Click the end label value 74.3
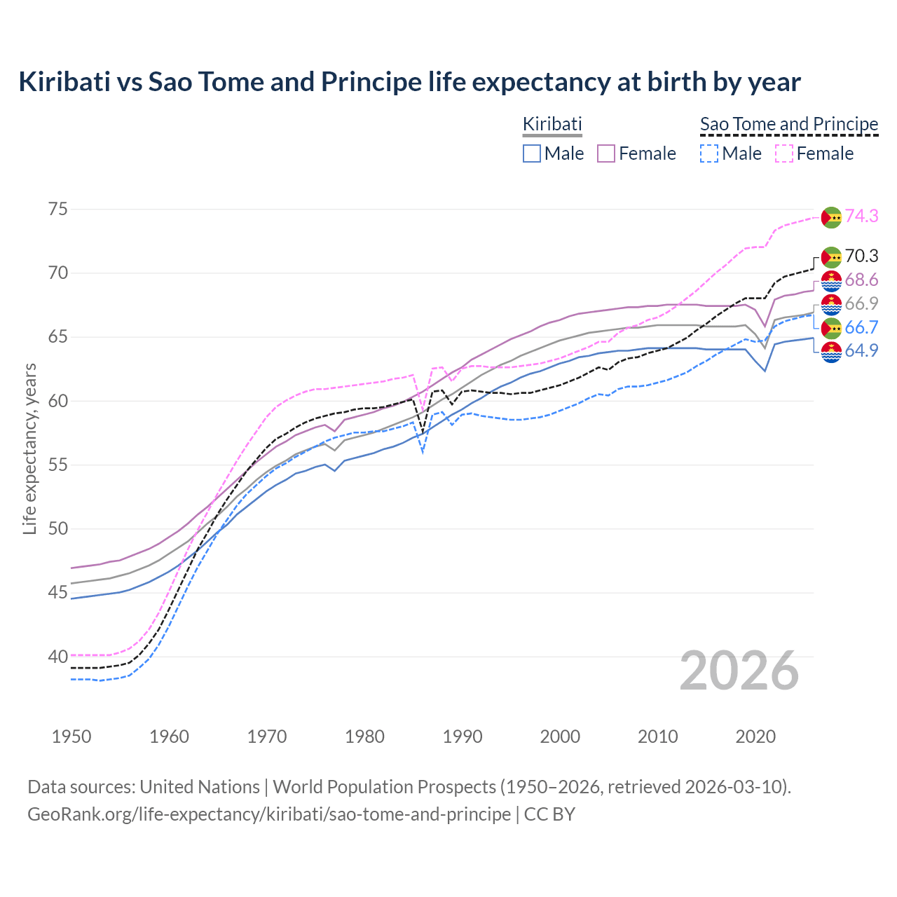pyautogui.click(x=861, y=217)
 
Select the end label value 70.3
pyautogui.click(x=861, y=256)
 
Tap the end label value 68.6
pyautogui.click(x=861, y=280)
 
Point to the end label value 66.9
pyautogui.click(x=861, y=304)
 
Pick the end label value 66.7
pyautogui.click(x=861, y=328)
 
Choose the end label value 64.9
pyautogui.click(x=861, y=351)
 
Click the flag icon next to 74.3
pyautogui.click(x=831, y=217)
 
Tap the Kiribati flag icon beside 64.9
pyautogui.click(x=831, y=352)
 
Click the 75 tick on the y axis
pyautogui.click(x=58, y=210)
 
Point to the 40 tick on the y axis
pyautogui.click(x=58, y=657)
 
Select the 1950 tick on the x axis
pyautogui.click(x=71, y=737)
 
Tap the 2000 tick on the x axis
pyautogui.click(x=560, y=737)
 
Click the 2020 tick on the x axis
pyautogui.click(x=755, y=737)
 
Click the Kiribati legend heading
pyautogui.click(x=552, y=124)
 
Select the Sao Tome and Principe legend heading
pyautogui.click(x=789, y=124)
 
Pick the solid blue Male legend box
pyautogui.click(x=532, y=153)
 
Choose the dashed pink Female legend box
pyautogui.click(x=784, y=153)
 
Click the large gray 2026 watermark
pyautogui.click(x=739, y=671)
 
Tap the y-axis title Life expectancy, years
pyautogui.click(x=30, y=448)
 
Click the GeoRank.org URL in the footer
pyautogui.click(x=269, y=814)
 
